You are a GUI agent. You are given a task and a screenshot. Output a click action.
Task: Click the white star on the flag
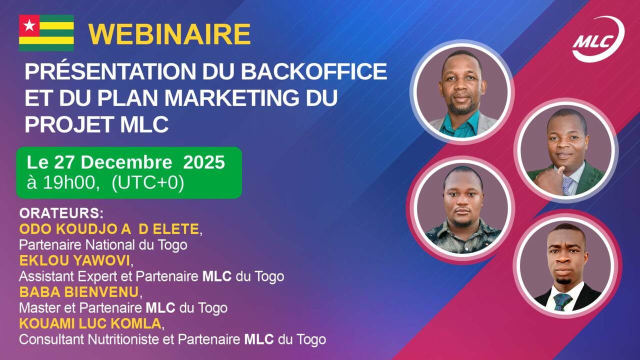coord(29,25)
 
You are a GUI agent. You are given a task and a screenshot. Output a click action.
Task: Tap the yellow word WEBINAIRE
coord(169,34)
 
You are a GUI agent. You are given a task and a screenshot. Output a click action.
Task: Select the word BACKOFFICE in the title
coord(313,72)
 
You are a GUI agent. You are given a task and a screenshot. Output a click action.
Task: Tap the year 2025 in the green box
coord(204,162)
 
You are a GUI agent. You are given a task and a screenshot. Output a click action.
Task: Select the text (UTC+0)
coord(148,183)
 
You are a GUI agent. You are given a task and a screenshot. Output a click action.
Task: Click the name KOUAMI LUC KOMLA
coord(90,323)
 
